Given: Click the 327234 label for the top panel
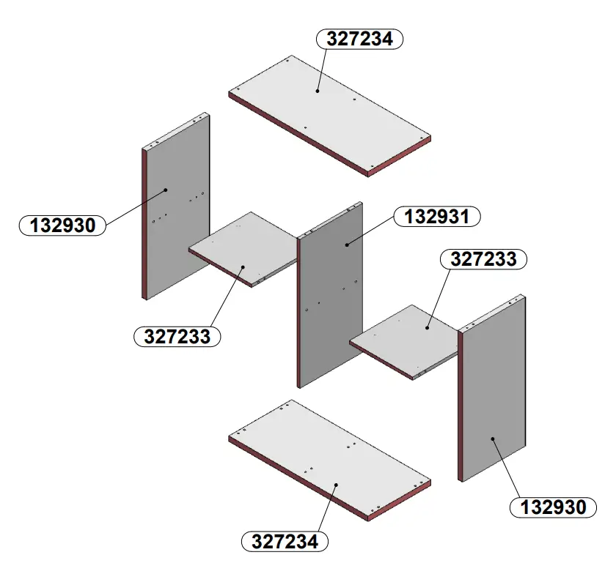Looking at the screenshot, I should point(359,39).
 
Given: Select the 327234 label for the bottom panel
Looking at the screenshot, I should point(285,542).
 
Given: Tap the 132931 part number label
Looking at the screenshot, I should point(437,217).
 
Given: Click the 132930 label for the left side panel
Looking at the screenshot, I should point(62,225).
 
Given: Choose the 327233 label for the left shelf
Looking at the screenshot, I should point(177,337).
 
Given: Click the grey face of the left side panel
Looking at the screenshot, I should point(176,212).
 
